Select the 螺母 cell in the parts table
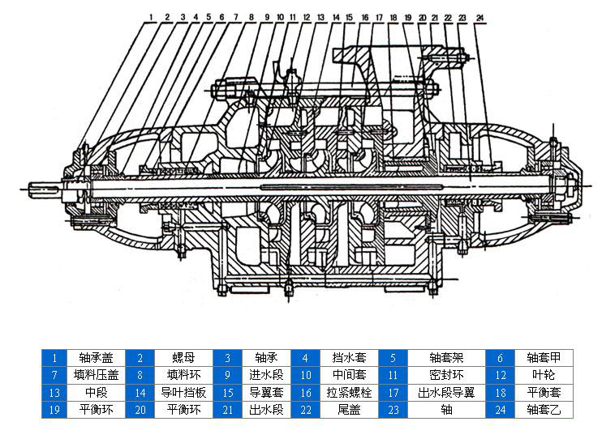coord(182,357)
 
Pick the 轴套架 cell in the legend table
coord(446,357)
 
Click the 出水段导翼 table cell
coord(446,392)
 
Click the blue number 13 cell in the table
coord(54,392)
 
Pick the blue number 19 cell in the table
coord(54,409)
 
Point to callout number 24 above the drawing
coord(479,16)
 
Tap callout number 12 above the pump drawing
coord(306,16)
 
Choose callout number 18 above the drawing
coord(393,16)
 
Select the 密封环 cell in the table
coord(446,374)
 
